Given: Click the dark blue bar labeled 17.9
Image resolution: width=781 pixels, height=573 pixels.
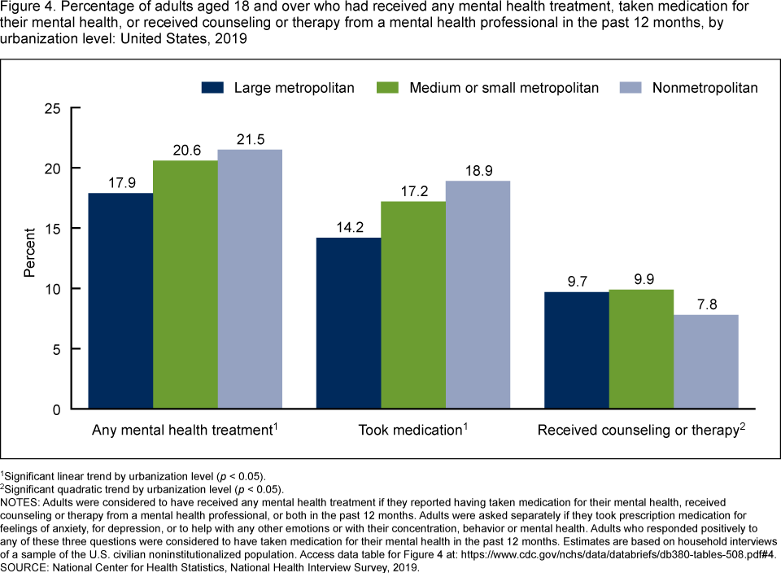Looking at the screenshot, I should (120, 301).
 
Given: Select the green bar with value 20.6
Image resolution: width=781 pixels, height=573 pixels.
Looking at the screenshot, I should (185, 285).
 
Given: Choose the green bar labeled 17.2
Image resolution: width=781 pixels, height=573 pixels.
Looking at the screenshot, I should (413, 305).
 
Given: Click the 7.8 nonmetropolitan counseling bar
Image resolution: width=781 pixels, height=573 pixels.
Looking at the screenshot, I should (705, 361).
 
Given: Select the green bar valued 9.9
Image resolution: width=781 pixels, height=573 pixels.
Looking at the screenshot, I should (641, 349).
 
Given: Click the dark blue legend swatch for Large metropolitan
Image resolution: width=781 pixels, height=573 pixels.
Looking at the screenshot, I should (213, 87).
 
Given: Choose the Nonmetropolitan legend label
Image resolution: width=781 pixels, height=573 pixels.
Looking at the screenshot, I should (705, 87).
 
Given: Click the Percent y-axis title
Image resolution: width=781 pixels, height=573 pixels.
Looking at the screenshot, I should (29, 258).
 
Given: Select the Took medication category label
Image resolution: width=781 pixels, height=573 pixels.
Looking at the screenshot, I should (410, 431).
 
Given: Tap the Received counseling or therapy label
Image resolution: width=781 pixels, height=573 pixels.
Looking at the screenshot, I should (637, 431).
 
